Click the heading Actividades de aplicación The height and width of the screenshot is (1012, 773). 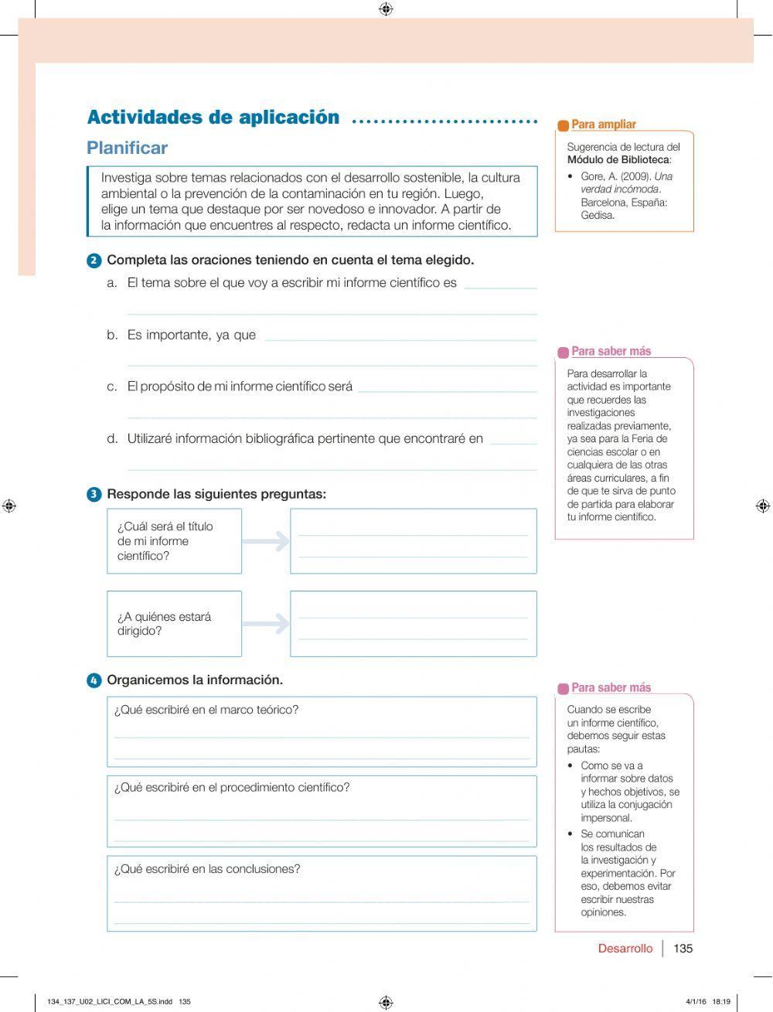213,118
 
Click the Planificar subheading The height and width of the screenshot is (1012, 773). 127,148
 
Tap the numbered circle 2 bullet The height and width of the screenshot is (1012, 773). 94,261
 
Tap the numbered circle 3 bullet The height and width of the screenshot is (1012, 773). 94,495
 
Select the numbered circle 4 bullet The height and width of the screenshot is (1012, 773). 94,681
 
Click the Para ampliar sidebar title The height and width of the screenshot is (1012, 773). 603,124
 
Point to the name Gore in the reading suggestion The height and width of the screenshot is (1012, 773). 593,176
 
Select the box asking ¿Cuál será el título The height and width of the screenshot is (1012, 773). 174,540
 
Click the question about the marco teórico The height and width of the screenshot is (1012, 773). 206,710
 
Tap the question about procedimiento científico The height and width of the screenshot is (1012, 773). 232,788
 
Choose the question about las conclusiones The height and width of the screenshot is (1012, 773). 207,869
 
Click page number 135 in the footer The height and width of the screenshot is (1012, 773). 683,949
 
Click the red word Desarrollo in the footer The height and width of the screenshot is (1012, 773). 625,949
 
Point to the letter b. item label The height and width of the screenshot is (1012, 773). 112,335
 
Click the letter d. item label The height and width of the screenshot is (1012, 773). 112,439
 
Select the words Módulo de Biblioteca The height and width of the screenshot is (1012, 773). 618,160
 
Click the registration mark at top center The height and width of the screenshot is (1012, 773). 386,9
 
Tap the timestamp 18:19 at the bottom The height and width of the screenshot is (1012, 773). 721,1001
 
